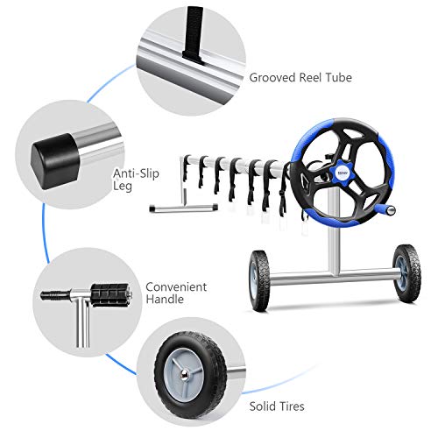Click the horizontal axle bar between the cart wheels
[x=333, y=281]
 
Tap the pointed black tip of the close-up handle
[x=45, y=294]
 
